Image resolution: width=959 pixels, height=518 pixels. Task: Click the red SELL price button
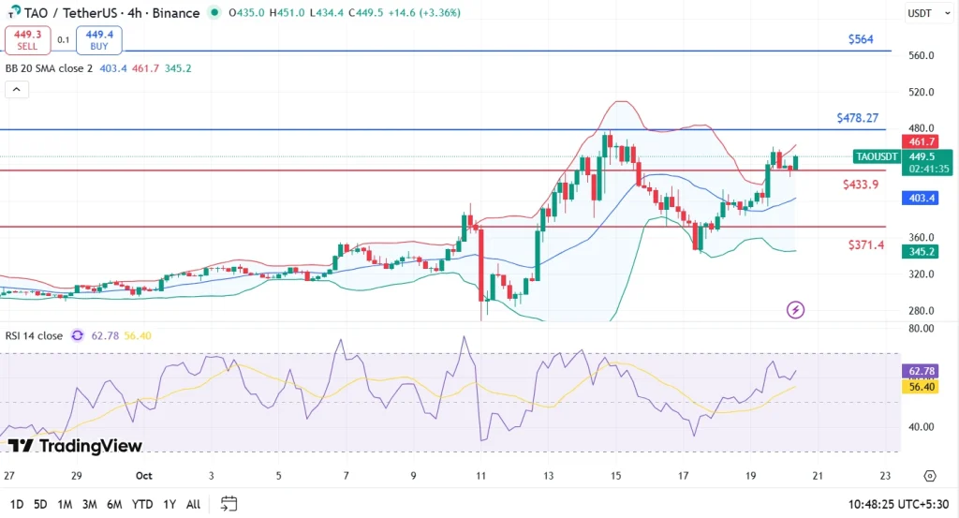pyautogui.click(x=27, y=39)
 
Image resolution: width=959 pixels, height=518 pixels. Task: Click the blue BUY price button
pyautogui.click(x=98, y=39)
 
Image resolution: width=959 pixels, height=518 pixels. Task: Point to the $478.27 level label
pyautogui.click(x=857, y=118)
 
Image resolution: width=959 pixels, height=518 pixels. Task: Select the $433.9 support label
pyautogui.click(x=861, y=185)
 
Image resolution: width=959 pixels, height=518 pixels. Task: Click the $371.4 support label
pyautogui.click(x=866, y=244)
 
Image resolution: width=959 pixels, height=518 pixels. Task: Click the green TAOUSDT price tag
pyautogui.click(x=877, y=156)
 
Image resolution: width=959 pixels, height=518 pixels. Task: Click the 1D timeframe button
pyautogui.click(x=17, y=504)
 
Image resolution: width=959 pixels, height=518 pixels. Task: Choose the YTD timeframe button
pyautogui.click(x=142, y=504)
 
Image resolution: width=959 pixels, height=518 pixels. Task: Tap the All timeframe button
pyautogui.click(x=193, y=504)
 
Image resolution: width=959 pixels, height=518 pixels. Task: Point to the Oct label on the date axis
pyautogui.click(x=144, y=475)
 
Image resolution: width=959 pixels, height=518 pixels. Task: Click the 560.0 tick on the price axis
pyautogui.click(x=922, y=55)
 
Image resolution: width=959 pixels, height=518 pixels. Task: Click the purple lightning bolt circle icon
pyautogui.click(x=795, y=309)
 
